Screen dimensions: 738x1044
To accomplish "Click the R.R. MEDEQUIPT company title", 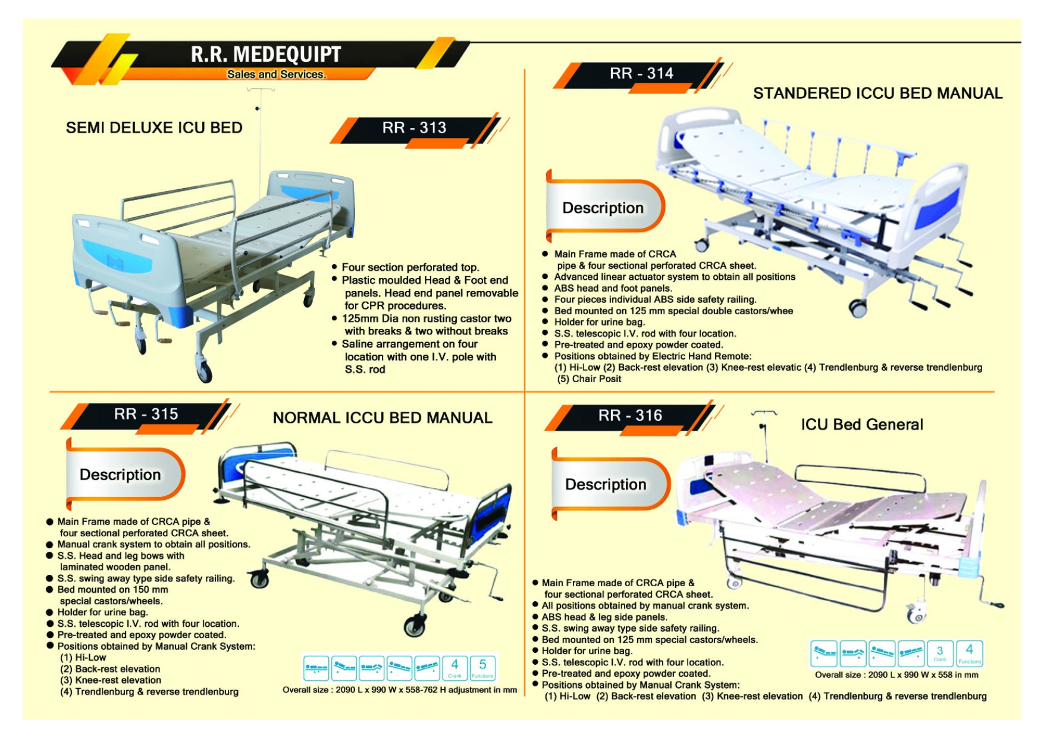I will point(265,54).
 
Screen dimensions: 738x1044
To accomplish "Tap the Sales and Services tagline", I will point(276,74).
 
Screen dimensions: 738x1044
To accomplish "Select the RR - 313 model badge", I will point(414,128).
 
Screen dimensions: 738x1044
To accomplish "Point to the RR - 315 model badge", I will point(146,414).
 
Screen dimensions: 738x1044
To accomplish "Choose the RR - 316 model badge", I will point(630,415).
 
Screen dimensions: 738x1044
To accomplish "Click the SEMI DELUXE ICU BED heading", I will point(154,128).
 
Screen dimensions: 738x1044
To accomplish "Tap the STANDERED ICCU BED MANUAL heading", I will point(877,93).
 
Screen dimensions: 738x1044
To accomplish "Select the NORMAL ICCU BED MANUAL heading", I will point(383,418).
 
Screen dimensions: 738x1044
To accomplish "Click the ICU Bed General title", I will point(862,424).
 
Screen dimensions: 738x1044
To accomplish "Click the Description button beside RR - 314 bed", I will point(603,208).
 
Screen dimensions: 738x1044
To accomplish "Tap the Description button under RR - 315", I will point(120,474).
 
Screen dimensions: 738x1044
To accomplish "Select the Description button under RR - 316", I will point(606,484).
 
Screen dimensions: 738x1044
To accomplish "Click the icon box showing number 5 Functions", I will point(482,668).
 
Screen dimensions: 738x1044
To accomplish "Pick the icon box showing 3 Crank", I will point(940,653).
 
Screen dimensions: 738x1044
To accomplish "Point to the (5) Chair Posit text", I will point(589,379).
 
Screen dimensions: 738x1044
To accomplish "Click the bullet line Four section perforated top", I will point(410,267).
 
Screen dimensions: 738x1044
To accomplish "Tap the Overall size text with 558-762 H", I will point(400,690).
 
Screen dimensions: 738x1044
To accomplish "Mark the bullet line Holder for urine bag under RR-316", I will point(587,651).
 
